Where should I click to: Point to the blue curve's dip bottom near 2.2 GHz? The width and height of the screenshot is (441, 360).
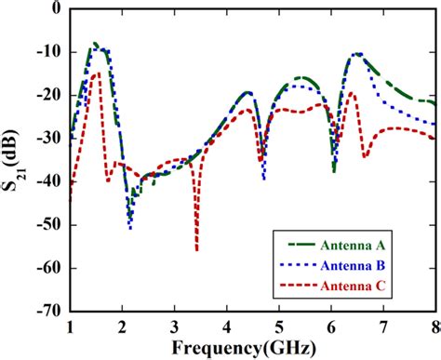pyautogui.click(x=130, y=228)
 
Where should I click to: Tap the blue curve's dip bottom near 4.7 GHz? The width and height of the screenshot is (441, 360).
pyautogui.click(x=264, y=178)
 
